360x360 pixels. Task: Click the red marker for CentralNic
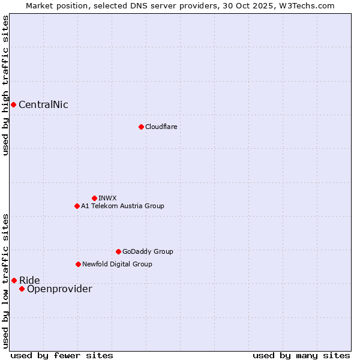(x=13, y=105)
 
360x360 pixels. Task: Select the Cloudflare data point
(x=141, y=127)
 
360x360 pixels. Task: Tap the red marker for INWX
(x=94, y=198)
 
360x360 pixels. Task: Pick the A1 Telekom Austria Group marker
(x=77, y=206)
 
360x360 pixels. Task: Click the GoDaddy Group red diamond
(x=118, y=251)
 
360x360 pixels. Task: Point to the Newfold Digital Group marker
(x=78, y=264)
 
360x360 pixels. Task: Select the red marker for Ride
(x=14, y=280)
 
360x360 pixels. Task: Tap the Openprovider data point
(x=22, y=289)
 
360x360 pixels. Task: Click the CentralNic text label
(x=43, y=105)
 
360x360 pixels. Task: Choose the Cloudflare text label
(x=161, y=127)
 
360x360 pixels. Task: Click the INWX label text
(x=107, y=198)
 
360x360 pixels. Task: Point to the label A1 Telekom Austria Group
(x=122, y=206)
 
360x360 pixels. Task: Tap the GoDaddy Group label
(x=148, y=251)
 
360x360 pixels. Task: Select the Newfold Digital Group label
(x=117, y=264)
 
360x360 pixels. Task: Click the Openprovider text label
(x=59, y=289)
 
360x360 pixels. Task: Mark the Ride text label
(x=29, y=280)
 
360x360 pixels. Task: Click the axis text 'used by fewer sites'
(x=62, y=355)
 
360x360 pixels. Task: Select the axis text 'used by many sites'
(x=301, y=355)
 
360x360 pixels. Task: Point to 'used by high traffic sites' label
(x=5, y=85)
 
